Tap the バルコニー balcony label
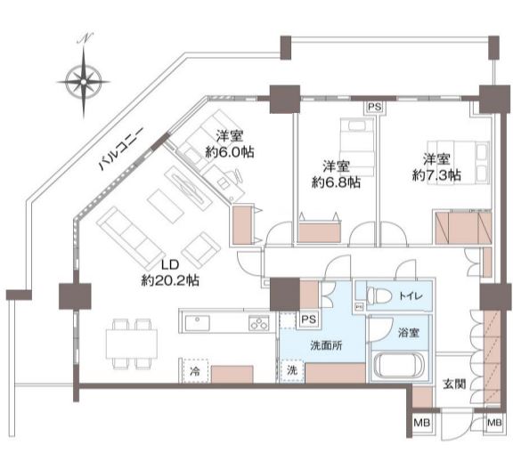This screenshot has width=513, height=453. coord(121,150)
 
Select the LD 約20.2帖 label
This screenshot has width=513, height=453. coord(170,272)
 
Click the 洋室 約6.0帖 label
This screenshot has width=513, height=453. coord(230,144)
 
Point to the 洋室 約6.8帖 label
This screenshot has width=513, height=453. coord(337,174)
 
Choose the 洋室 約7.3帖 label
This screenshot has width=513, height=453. coord(436,167)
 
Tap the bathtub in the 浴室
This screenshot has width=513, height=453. coord(399,364)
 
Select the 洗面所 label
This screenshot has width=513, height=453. coord(326,345)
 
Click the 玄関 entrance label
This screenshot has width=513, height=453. coord(454,384)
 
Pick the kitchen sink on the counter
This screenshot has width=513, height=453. coord(198,323)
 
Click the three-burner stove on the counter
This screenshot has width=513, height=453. coord(259,323)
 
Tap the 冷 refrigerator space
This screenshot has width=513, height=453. coord(195,371)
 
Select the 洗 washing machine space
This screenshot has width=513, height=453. coord(292,370)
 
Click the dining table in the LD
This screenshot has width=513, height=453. coord(132,344)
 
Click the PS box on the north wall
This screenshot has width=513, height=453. coord(375,108)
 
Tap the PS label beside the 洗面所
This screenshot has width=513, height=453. coord(308,320)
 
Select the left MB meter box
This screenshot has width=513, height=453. coord(422,423)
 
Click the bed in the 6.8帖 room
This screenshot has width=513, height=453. coord(357,148)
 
